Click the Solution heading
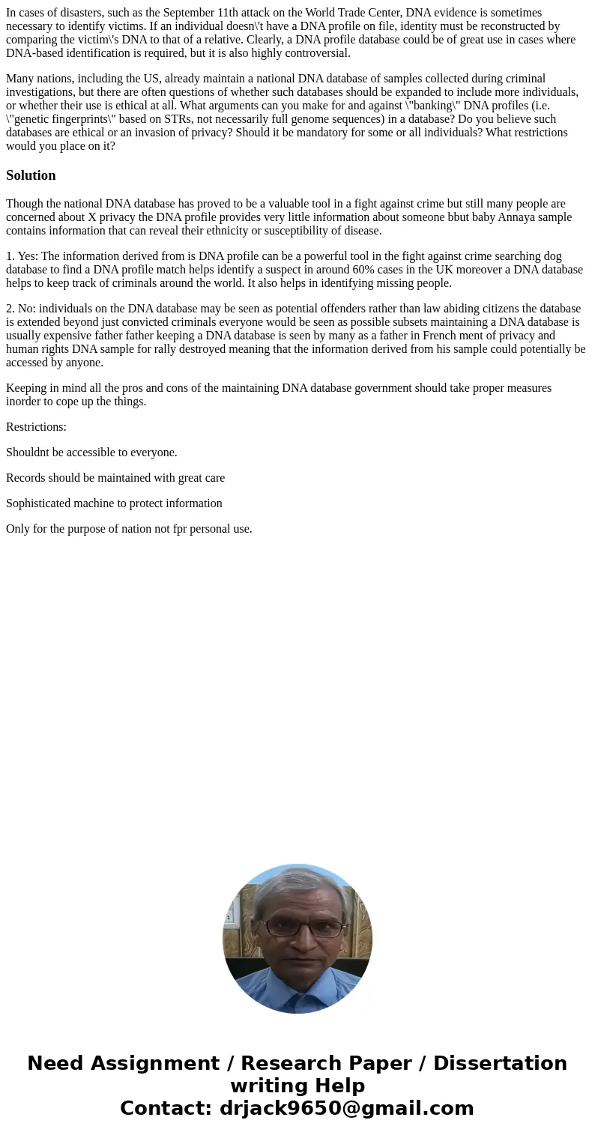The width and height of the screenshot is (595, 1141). tap(31, 175)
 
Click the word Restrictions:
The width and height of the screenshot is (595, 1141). tap(36, 427)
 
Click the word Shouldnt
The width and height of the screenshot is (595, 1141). tap(28, 453)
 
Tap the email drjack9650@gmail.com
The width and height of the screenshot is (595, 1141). tap(346, 1108)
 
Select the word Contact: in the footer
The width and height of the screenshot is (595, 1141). tap(166, 1108)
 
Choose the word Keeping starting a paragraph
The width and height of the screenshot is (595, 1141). tap(27, 388)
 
